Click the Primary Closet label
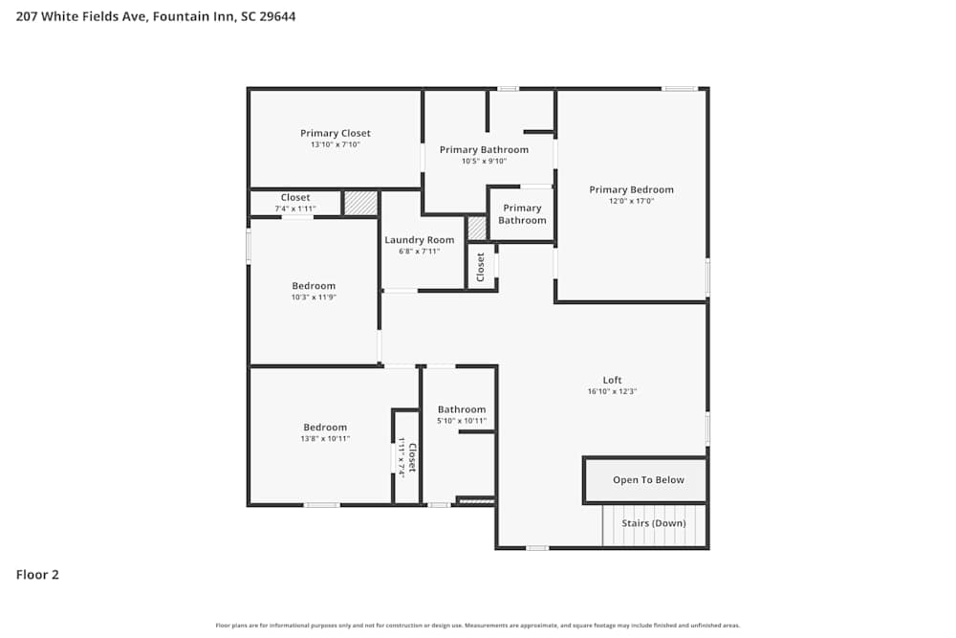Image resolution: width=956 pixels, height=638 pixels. coord(335,133)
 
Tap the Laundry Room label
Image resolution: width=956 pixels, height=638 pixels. coord(419,240)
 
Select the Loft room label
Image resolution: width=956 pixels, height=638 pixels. coord(612,380)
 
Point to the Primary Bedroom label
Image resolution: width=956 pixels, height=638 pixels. coord(631,189)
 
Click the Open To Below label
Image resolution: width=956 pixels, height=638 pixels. coord(648,480)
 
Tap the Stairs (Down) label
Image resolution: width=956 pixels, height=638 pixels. coord(654,523)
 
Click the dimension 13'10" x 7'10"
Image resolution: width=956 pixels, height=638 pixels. coord(335,144)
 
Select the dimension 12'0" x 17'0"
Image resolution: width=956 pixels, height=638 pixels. coord(631,201)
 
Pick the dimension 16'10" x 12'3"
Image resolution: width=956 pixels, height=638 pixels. coord(612,391)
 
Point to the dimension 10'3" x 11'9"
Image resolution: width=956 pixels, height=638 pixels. coord(314,297)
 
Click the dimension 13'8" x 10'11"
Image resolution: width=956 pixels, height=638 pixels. coord(325,439)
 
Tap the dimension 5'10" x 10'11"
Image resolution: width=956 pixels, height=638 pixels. coord(462,421)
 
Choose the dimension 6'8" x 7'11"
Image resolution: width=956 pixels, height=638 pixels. coord(419,252)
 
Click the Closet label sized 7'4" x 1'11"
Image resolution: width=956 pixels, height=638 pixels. coord(294,197)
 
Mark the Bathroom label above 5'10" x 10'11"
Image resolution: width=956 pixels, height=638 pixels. coord(462,409)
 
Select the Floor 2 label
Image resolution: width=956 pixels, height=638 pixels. coord(37,575)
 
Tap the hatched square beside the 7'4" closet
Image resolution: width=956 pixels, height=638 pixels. coord(360,203)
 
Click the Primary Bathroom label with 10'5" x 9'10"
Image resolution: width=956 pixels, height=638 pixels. coord(484,149)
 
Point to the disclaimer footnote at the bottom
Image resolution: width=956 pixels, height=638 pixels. coord(477,625)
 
